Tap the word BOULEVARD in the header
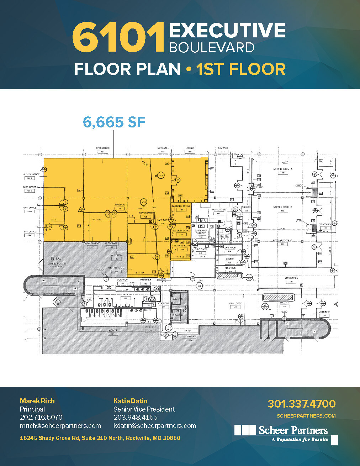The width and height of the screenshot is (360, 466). click(x=212, y=48)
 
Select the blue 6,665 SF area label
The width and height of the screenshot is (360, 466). click(x=114, y=122)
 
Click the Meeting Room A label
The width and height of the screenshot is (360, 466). click(x=282, y=169)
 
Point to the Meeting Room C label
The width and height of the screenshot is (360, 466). click(x=282, y=240)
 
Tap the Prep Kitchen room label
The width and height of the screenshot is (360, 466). click(x=218, y=210)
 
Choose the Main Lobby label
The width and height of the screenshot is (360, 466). click(x=235, y=304)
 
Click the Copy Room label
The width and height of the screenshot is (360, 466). click(x=230, y=247)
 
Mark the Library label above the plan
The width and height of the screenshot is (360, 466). click(x=190, y=148)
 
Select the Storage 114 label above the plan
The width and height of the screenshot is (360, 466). click(x=223, y=148)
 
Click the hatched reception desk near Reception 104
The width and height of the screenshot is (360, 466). click(x=230, y=276)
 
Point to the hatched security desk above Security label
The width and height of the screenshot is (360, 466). click(x=277, y=297)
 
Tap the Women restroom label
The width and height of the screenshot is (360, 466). click(x=113, y=330)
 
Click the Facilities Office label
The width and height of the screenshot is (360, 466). click(x=181, y=206)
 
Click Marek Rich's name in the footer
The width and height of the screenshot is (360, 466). click(x=37, y=401)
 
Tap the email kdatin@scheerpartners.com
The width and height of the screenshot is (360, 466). click(x=155, y=426)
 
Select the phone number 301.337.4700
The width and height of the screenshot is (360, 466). click(x=301, y=404)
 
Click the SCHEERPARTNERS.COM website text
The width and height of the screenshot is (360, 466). click(x=306, y=416)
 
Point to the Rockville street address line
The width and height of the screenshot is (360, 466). click(x=100, y=438)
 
